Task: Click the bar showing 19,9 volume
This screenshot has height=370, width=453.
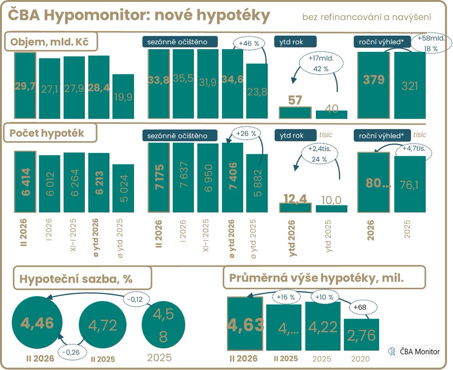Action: (x=123, y=97)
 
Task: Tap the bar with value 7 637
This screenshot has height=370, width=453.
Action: (x=183, y=177)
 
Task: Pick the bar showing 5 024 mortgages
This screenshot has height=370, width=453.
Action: (x=123, y=188)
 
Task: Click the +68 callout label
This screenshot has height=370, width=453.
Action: (x=360, y=307)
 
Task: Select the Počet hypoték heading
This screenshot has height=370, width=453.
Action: (x=50, y=133)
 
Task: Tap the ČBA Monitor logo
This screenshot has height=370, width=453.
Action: (x=414, y=351)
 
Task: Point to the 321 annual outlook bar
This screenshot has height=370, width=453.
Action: (x=410, y=85)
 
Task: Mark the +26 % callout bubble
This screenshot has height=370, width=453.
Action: (x=247, y=134)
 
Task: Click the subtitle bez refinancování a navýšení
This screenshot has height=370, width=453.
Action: (x=366, y=17)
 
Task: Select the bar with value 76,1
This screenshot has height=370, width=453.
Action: (x=410, y=184)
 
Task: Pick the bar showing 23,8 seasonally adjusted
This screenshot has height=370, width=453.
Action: (x=257, y=91)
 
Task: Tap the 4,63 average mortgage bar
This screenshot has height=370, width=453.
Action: (x=245, y=324)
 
